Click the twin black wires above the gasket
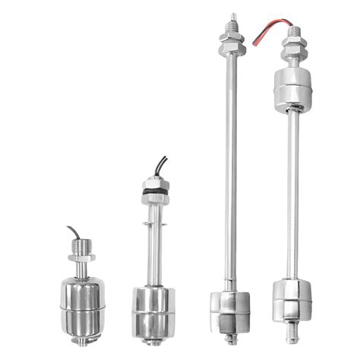[160, 166]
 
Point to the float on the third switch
[228, 305]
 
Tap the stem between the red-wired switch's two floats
[292, 190]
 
